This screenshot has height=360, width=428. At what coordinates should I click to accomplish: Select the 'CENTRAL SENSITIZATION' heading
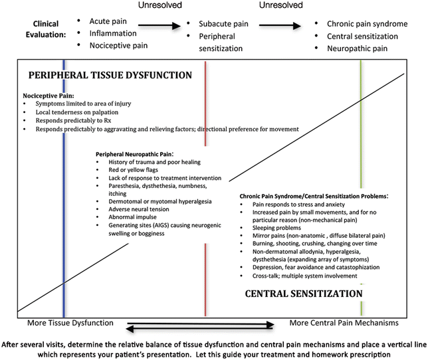304,292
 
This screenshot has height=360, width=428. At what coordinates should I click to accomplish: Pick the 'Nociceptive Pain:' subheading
49,95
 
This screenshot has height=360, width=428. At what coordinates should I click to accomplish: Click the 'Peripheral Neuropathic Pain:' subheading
137,153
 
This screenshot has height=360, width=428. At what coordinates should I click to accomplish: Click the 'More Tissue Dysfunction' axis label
69,323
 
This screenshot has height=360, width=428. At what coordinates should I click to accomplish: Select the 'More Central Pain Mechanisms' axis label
344,323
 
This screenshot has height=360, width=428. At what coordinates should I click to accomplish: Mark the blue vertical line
64,252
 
